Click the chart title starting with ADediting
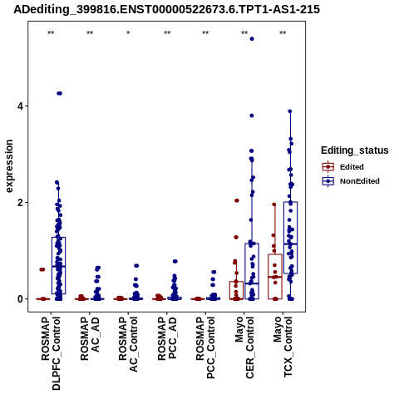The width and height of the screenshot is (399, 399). pos(166,9)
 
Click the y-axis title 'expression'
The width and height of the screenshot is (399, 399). pos(9,166)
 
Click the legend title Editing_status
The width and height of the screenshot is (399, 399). pos(355,150)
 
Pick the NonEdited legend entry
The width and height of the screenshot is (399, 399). pos(351,181)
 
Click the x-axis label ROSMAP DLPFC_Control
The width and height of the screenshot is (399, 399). pos(51,353)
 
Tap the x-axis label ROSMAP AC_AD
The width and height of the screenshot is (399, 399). pos(90,338)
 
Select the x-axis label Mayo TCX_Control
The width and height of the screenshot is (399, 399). pos(283,347)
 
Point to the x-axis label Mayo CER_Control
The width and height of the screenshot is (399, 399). pos(244,347)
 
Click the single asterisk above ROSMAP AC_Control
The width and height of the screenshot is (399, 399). pos(128,33)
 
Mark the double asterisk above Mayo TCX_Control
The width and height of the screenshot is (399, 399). pos(283,33)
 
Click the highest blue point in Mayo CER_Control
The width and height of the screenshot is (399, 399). pos(252,39)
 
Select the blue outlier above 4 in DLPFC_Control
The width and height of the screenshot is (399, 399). pos(59,93)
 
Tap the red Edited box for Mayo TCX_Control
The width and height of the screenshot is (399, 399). pos(275,277)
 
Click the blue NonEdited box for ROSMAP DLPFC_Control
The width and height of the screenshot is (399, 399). pos(58,265)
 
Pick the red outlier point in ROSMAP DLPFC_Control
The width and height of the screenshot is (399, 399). pos(42,269)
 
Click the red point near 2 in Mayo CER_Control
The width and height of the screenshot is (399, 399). pos(237,200)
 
